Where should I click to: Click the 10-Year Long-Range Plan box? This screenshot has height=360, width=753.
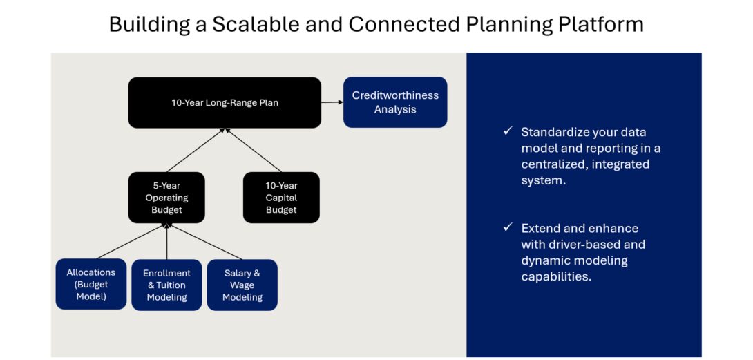click(225, 102)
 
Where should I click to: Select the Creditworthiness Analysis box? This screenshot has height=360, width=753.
click(395, 102)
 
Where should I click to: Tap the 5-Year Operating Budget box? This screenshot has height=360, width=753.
click(166, 198)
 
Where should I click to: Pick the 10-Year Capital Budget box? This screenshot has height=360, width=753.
click(281, 198)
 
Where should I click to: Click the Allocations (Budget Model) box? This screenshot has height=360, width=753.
click(91, 284)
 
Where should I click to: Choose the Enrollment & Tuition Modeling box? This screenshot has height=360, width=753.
click(166, 285)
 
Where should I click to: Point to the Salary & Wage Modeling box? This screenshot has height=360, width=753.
click(242, 285)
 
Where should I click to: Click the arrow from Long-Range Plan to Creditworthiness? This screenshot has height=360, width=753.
click(332, 102)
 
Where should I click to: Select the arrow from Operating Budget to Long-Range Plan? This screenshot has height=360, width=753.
click(196, 150)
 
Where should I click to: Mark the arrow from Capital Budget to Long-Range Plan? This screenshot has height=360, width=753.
click(253, 150)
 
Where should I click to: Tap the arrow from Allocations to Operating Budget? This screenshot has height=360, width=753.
click(131, 241)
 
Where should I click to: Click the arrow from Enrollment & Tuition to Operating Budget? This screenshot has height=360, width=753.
click(166, 241)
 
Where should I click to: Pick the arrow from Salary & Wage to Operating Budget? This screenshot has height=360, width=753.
click(204, 241)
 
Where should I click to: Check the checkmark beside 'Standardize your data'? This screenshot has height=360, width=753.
click(508, 131)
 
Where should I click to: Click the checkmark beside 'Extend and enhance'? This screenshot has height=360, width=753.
click(508, 227)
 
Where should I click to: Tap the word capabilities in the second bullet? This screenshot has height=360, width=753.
click(556, 277)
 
